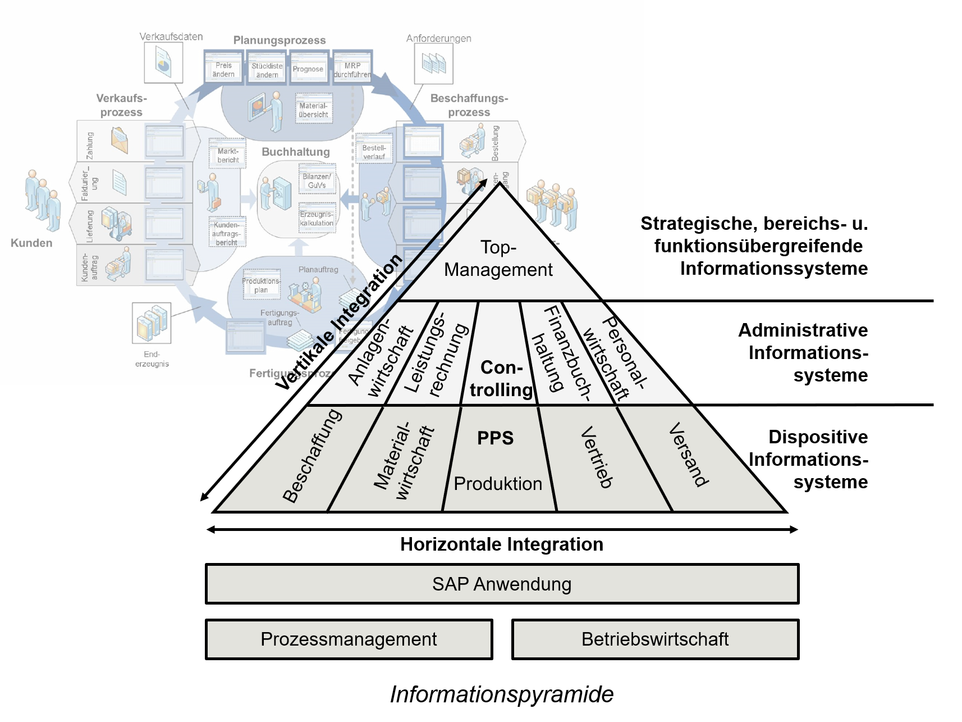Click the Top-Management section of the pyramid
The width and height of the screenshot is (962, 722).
[498, 259]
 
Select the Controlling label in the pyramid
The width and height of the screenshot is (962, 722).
[501, 379]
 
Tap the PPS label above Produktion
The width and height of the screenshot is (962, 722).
[495, 438]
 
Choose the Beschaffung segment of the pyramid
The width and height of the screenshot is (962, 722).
[311, 456]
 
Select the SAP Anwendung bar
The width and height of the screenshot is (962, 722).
[502, 584]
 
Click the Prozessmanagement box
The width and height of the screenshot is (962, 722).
[349, 639]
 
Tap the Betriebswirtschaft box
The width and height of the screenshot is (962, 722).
[655, 639]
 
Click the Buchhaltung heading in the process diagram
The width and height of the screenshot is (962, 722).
[296, 152]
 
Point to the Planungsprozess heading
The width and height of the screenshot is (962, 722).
[280, 40]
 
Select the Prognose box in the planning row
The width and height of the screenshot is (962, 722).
[308, 69]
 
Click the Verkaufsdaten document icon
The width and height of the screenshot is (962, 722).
[163, 63]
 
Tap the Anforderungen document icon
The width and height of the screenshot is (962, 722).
[434, 63]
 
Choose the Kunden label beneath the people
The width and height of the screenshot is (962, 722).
[31, 243]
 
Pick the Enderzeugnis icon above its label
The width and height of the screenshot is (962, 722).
[152, 323]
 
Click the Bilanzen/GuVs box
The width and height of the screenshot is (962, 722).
[317, 181]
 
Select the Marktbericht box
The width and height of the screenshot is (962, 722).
[228, 155]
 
